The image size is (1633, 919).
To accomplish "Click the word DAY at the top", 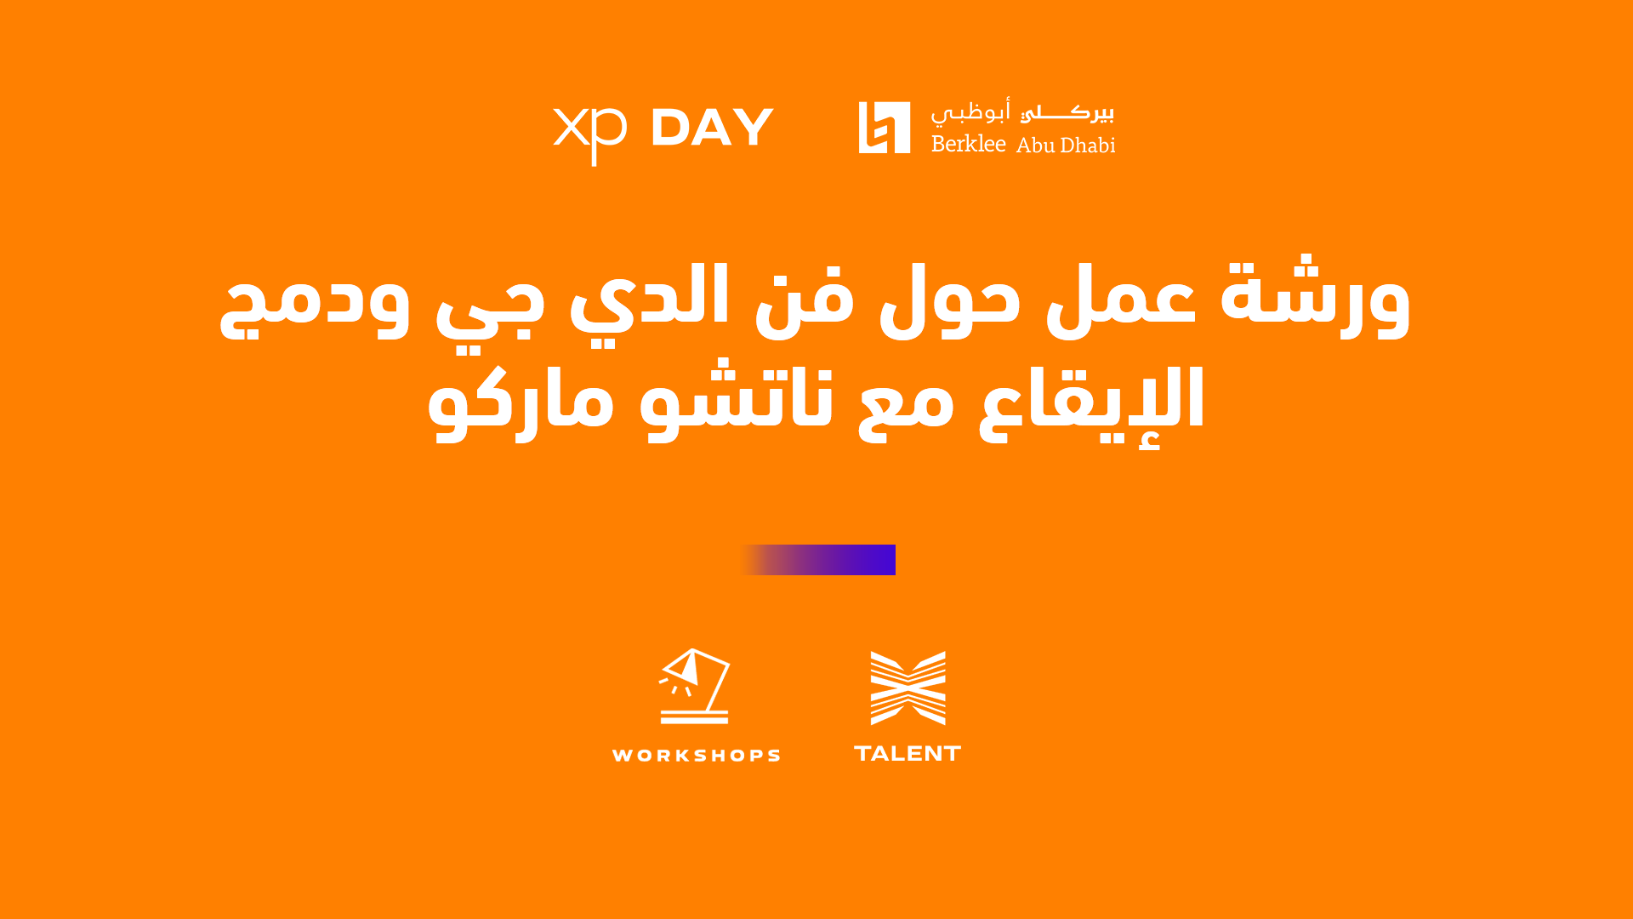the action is point(713,128).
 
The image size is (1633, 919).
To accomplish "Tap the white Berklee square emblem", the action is point(885,128).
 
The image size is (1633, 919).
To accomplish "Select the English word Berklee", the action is point(969,143).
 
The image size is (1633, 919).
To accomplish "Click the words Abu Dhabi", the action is point(1066,145).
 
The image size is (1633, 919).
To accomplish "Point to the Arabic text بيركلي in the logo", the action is point(1067,112).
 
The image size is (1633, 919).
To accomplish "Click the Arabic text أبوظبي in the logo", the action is point(970,111).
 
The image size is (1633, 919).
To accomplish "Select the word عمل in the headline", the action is point(1120,298).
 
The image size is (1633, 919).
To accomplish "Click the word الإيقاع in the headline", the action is point(1091,405).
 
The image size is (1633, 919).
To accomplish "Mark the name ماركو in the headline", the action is point(521,405).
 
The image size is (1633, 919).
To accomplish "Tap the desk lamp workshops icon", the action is point(695,686).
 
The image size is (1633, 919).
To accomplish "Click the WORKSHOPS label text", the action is point(696,756).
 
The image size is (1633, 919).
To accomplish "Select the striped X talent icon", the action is point(908,688).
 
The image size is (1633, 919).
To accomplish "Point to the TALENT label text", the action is point(908,754).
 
